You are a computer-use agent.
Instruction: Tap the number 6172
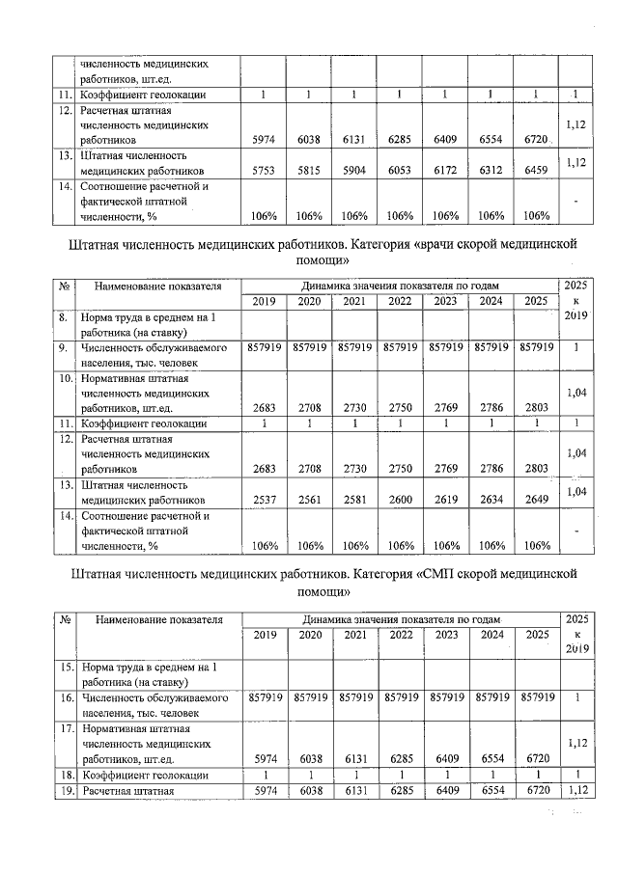[x=445, y=170]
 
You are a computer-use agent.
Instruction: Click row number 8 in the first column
[x=63, y=317]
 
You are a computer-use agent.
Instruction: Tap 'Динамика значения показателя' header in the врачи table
[x=399, y=286]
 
